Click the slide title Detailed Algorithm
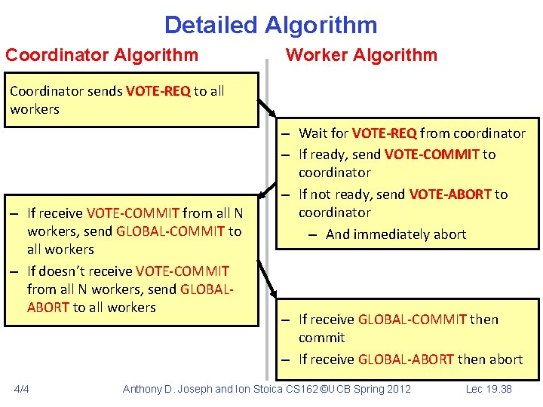pos(271,25)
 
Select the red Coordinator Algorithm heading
pos(102,55)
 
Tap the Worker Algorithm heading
pos(361,55)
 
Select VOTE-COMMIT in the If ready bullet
pos(431,155)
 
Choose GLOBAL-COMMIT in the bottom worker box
pos(412,320)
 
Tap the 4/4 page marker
pos(23,389)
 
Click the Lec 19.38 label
pos(489,389)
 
